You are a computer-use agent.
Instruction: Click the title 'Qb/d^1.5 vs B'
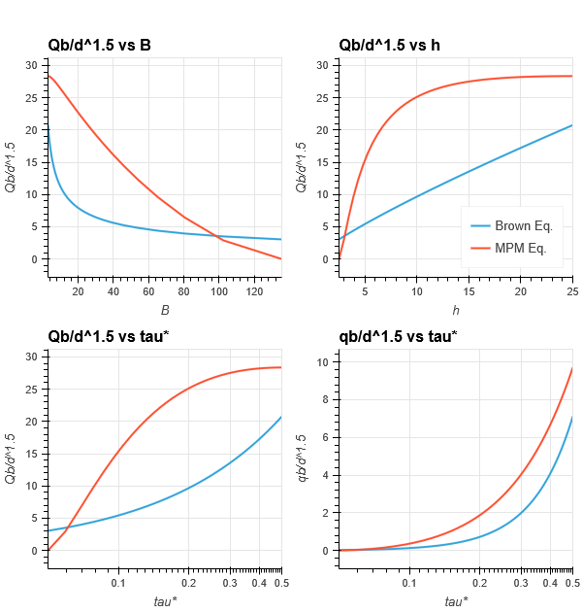pos(99,45)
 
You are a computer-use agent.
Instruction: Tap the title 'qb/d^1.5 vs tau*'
pos(398,336)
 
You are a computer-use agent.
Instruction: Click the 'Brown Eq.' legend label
pos(523,226)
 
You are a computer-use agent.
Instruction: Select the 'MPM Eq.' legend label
pos(521,248)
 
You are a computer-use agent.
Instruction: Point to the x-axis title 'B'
pos(165,310)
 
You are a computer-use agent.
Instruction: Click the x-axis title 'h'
pos(456,310)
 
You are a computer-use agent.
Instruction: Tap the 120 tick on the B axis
pos(255,289)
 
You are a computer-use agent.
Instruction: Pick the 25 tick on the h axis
pos(571,289)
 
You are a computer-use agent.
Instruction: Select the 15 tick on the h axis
pos(469,289)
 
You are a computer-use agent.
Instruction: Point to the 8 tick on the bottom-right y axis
pos(327,399)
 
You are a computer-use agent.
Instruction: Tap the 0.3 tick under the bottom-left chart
pos(230,582)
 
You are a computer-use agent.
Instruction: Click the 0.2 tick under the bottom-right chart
pos(479,582)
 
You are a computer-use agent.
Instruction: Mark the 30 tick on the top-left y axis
pos(32,65)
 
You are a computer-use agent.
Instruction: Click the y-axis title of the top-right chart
pos(302,167)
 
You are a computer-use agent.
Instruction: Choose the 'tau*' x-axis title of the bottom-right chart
pos(456,601)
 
